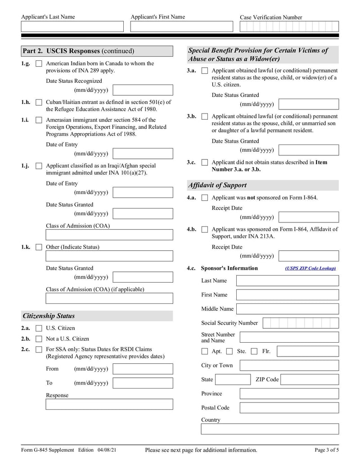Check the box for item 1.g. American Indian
point(39,64)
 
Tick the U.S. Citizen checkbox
point(39,328)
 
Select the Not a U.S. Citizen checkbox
point(39,339)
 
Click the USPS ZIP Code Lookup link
point(310,268)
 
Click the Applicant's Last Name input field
point(72,27)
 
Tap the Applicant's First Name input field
point(181,27)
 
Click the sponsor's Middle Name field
point(287,309)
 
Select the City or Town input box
point(289,366)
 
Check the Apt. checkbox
point(205,351)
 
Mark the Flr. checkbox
point(254,351)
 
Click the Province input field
point(289,394)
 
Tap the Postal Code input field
point(289,408)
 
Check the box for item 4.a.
point(205,198)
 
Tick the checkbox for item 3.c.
point(205,163)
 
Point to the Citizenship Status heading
point(49,316)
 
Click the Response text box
point(109,404)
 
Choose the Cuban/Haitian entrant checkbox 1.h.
point(39,103)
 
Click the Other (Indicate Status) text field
point(109,256)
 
